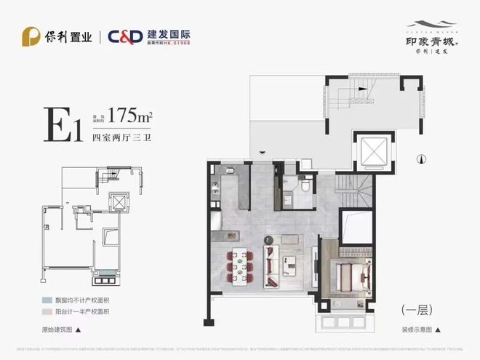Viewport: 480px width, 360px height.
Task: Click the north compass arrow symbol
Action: tap(420, 159)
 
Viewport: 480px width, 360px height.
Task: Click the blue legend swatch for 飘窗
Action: tap(47, 300)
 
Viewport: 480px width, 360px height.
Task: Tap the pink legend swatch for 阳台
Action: tap(47, 311)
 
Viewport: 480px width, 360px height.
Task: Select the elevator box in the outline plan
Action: tap(116, 202)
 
